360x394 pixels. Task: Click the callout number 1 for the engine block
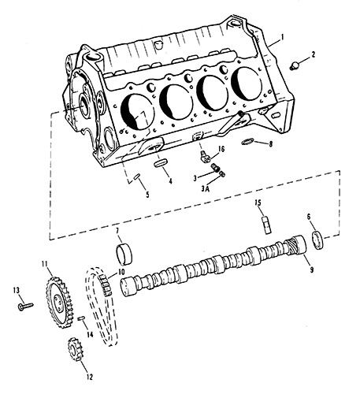282,37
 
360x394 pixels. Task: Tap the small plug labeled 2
295,65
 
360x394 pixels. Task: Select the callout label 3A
206,188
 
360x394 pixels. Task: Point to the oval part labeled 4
160,162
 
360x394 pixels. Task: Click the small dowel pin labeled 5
137,177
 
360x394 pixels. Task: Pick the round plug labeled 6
317,240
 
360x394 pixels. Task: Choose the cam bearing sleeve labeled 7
124,254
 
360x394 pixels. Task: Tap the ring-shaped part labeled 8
247,141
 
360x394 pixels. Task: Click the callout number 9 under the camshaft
311,269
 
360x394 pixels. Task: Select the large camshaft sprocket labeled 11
58,303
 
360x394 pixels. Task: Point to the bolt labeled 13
26,307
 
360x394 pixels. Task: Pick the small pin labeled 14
81,318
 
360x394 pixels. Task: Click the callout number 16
221,149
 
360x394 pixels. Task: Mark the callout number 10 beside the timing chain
121,272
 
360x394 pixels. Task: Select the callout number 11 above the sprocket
45,264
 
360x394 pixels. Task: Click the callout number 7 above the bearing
117,231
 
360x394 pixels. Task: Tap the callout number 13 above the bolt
17,290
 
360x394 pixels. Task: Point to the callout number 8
271,143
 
